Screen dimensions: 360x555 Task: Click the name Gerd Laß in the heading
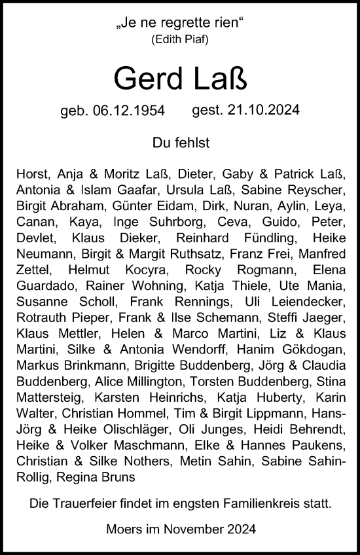(179, 79)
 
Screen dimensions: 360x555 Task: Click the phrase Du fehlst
(179, 142)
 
